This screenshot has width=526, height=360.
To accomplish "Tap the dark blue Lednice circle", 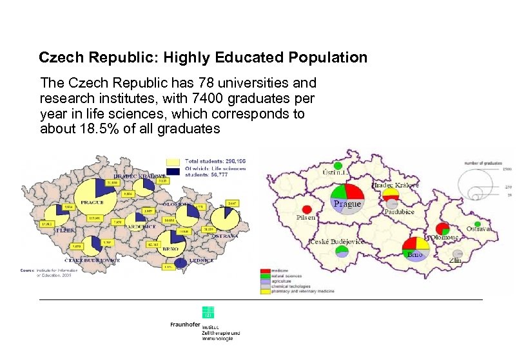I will pyautogui.click(x=181, y=263).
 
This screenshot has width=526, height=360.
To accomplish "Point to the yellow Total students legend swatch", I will pyautogui.click(x=173, y=161).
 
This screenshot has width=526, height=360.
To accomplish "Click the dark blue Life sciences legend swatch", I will pyautogui.click(x=173, y=171).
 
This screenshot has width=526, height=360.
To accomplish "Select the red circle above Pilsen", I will pyautogui.click(x=307, y=209).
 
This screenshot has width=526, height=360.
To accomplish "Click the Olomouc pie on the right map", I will pyautogui.click(x=442, y=229).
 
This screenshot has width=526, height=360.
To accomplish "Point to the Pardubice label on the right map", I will pyautogui.click(x=400, y=211).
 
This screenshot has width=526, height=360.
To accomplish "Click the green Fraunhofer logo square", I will pyautogui.click(x=208, y=312).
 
